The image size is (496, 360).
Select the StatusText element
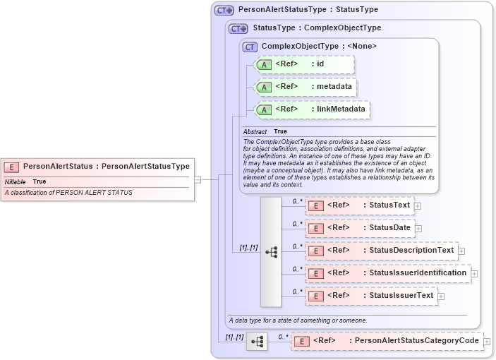(360, 205)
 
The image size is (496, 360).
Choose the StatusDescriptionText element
(381, 250)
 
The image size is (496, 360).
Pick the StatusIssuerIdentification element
(387, 272)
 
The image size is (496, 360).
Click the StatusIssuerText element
(371, 295)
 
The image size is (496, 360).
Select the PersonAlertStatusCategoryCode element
(387, 341)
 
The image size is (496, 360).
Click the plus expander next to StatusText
(418, 206)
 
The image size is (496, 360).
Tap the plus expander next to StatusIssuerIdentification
(474, 273)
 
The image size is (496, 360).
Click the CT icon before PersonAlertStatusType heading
(224, 11)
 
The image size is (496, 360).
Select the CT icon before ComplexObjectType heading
(250, 47)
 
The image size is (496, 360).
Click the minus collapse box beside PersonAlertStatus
(198, 179)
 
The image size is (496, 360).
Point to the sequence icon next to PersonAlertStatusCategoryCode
(257, 342)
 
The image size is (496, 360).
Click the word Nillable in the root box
(16, 181)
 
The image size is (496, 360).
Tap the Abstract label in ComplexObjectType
(255, 132)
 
